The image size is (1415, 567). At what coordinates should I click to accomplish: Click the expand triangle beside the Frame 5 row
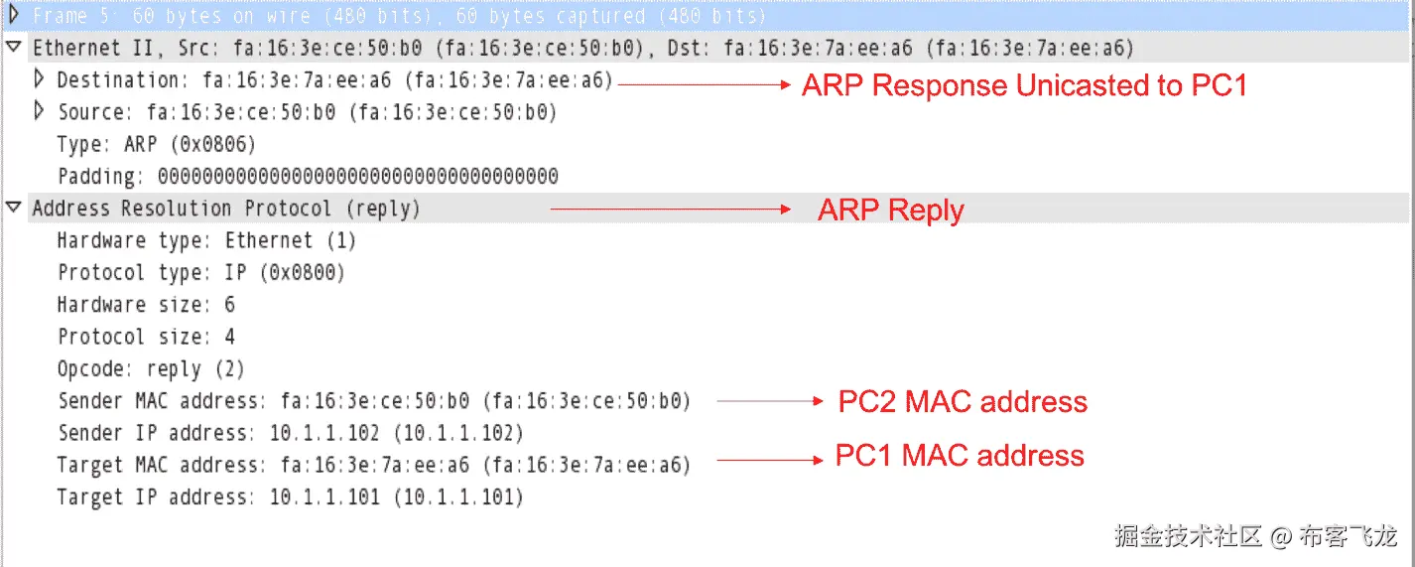point(14,15)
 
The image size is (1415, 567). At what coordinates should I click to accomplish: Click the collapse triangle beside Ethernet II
point(14,47)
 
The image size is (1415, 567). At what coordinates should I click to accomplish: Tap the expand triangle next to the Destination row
point(39,79)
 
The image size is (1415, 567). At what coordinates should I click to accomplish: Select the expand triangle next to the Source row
point(39,111)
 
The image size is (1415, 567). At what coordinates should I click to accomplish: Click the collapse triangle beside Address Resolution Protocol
point(14,208)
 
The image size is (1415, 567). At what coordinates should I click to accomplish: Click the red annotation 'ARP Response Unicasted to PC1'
point(1025,84)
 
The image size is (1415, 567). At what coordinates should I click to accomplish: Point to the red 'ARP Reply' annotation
point(891,210)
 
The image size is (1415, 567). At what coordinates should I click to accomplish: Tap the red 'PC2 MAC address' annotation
point(963,401)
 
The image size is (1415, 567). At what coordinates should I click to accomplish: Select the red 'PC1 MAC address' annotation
point(960,455)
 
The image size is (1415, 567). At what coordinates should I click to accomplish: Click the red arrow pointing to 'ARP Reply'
point(670,210)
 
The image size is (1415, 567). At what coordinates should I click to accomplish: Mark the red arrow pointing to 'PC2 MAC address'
point(770,401)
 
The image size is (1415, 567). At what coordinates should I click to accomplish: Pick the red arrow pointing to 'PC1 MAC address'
point(770,460)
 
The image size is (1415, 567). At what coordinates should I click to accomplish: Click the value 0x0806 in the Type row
point(213,145)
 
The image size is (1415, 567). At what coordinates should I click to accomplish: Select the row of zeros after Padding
point(358,177)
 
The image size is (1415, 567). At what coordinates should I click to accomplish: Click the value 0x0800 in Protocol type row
point(303,273)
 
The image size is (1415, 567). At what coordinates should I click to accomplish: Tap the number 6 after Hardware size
point(230,305)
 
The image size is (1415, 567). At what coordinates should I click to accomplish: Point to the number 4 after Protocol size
point(230,337)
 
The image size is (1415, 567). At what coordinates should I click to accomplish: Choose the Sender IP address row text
point(291,433)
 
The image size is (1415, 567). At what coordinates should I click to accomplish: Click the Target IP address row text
point(291,497)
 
